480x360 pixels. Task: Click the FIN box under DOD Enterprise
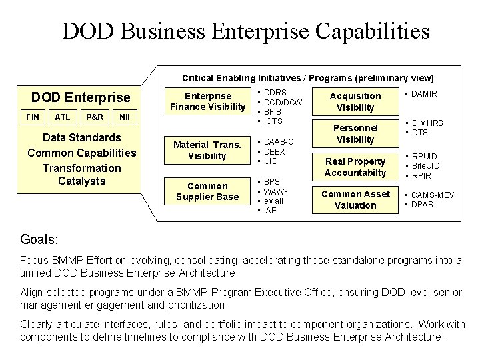33,117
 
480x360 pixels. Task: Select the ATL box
62,117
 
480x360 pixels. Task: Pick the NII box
125,117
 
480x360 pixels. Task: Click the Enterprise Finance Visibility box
207,101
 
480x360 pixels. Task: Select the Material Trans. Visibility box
207,151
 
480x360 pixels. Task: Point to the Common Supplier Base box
207,191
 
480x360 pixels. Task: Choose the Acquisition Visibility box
355,101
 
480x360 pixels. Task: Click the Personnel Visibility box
355,133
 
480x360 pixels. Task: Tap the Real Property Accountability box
355,167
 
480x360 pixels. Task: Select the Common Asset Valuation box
355,199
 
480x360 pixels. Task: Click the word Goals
39,237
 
